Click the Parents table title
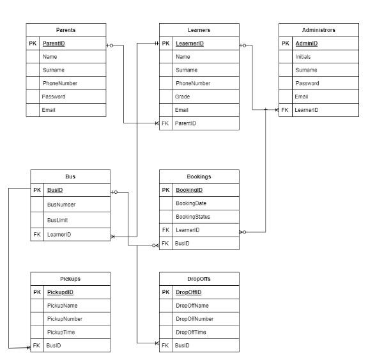coord(66,30)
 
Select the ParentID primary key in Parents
coord(54,43)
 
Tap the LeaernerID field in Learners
coord(189,43)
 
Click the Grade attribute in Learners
coord(183,97)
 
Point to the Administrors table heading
coord(319,30)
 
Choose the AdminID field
coord(306,43)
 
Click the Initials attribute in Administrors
coord(303,57)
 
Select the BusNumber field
coord(61,205)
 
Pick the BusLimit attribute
coord(58,219)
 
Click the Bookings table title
coord(199,176)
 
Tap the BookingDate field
coord(191,203)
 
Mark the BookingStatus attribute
coord(193,216)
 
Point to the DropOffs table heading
coord(199,279)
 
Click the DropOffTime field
coord(192,332)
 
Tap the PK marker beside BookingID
coord(165,190)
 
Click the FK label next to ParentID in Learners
coord(165,123)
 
